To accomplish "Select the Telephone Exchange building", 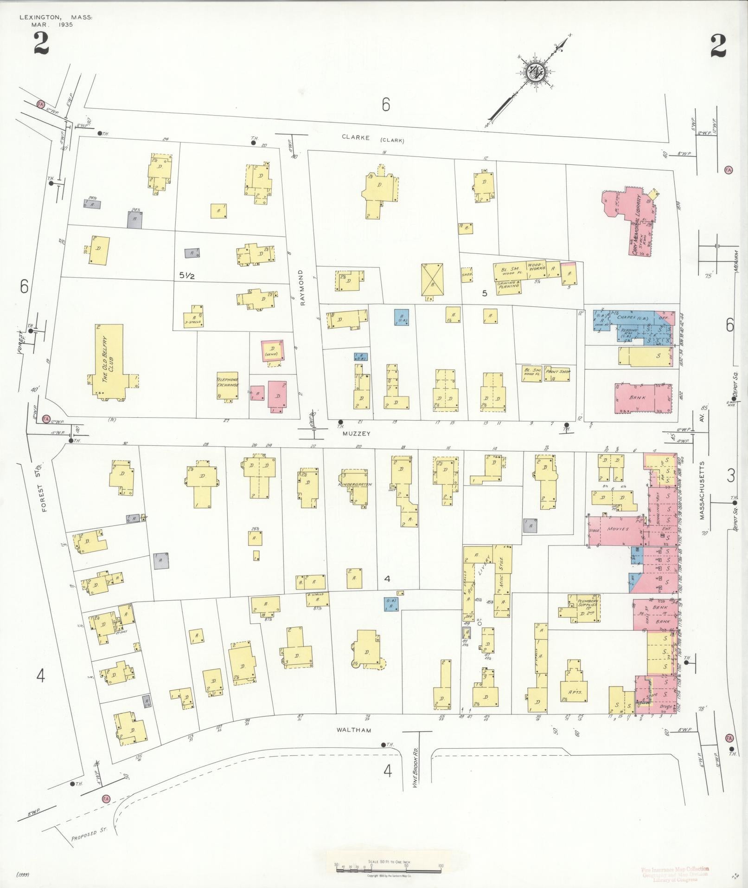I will pyautogui.click(x=228, y=384).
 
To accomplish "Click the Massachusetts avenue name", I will pyautogui.click(x=702, y=490).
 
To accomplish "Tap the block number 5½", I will pyautogui.click(x=187, y=275).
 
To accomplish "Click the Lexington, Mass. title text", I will pyautogui.click(x=55, y=17).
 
